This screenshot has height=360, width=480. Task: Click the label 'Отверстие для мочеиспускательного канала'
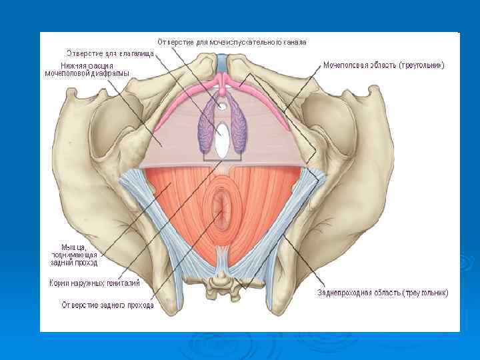(232, 41)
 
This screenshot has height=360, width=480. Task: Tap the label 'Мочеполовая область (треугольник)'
(383, 65)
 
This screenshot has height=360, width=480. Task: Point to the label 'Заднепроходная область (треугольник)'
(383, 292)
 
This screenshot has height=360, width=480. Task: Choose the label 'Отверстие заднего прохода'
(108, 305)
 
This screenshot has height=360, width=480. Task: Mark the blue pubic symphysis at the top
(222, 65)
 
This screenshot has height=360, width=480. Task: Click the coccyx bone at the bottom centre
(221, 286)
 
